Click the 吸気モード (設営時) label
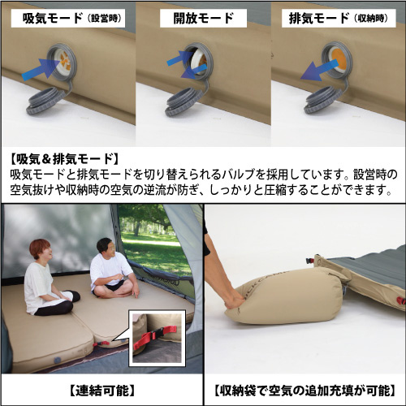(68, 18)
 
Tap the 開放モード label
(203, 18)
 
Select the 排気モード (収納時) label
(339, 18)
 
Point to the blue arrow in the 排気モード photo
(319, 71)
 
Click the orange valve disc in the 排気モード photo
(338, 59)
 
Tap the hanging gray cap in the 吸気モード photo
(45, 101)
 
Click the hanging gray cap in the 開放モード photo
(184, 101)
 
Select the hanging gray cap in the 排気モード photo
(322, 100)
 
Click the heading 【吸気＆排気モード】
(64, 159)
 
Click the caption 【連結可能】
(102, 391)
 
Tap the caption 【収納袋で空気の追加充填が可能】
(305, 391)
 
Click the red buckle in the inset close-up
(154, 335)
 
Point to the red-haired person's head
(41, 249)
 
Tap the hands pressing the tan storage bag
(235, 301)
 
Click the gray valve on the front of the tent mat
(57, 360)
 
